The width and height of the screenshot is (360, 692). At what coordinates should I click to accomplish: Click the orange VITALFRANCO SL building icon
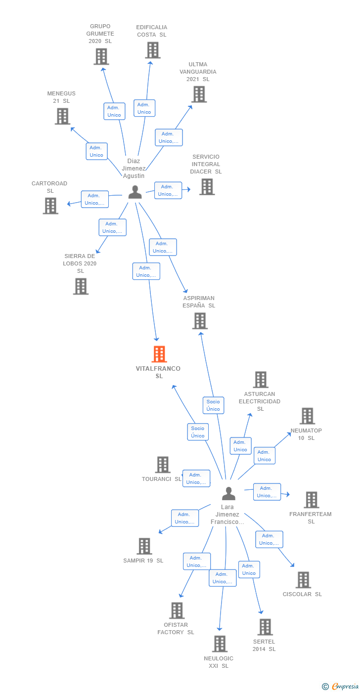coord(159,354)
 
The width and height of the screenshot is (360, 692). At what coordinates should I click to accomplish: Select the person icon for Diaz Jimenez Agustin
coord(135,192)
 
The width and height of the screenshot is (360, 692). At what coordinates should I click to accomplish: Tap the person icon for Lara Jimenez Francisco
coord(228,493)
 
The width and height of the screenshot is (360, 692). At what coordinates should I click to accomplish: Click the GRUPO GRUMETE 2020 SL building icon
coord(101,57)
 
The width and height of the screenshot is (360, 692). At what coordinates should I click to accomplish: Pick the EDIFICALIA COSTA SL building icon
coord(153,50)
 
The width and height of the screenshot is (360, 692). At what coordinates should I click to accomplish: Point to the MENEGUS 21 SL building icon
coord(62,116)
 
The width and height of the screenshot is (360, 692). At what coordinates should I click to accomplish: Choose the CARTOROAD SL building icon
coord(50,206)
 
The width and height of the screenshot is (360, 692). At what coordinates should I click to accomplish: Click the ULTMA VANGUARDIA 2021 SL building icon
coord(199,94)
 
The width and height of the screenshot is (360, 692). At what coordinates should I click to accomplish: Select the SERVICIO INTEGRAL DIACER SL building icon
coord(207,187)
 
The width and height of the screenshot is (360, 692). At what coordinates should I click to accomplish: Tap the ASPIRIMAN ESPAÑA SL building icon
coord(200,321)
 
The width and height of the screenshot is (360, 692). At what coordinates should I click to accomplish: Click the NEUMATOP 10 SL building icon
coord(307,416)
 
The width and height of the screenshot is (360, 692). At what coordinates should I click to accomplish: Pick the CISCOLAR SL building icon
coord(303,580)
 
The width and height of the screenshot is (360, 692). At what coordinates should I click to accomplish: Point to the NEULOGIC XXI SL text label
coord(219,662)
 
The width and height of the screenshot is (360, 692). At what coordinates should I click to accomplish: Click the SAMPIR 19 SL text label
coord(143,561)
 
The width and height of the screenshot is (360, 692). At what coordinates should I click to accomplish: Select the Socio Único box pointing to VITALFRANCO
coord(198,432)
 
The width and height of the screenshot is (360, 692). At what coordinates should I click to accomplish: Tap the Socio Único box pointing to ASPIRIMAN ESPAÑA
coord(213,405)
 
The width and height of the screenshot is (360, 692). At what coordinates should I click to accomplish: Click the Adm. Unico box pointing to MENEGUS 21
coord(96,151)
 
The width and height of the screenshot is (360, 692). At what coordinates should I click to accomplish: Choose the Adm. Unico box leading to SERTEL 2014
coord(249,569)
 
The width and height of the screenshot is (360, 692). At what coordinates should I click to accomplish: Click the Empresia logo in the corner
coord(341,686)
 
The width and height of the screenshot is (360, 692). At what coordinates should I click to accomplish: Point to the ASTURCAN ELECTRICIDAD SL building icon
coord(261,380)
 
